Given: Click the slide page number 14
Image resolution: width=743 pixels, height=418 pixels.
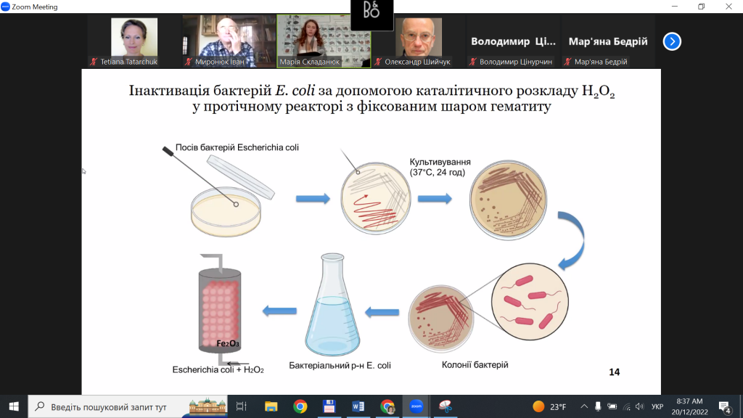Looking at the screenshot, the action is pyautogui.click(x=614, y=372).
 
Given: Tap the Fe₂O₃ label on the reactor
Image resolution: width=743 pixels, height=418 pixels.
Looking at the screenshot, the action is pyautogui.click(x=227, y=343).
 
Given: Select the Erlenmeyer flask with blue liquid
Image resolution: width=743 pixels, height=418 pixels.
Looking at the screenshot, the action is pyautogui.click(x=332, y=305).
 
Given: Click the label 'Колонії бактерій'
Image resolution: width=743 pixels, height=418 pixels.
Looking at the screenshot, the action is pyautogui.click(x=475, y=364).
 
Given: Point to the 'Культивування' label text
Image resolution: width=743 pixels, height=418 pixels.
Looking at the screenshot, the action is pyautogui.click(x=440, y=162).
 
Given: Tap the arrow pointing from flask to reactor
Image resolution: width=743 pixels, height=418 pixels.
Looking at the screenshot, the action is pyautogui.click(x=279, y=311).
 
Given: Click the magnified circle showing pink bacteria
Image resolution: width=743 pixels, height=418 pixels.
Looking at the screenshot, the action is pyautogui.click(x=530, y=302).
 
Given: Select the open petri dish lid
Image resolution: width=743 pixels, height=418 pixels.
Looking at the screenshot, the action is pyautogui.click(x=241, y=177).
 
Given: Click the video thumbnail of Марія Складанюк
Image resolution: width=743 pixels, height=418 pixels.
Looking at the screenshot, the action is pyautogui.click(x=324, y=41).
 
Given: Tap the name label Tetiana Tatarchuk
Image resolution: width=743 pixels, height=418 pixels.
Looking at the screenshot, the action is pyautogui.click(x=128, y=62).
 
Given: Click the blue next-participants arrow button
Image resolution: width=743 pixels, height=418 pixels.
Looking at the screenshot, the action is pyautogui.click(x=672, y=41).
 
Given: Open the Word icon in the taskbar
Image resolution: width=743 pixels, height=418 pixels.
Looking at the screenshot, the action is pyautogui.click(x=358, y=406).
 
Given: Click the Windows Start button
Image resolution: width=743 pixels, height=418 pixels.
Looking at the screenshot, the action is pyautogui.click(x=14, y=406).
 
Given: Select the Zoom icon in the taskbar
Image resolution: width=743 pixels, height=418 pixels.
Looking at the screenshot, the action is pyautogui.click(x=416, y=406).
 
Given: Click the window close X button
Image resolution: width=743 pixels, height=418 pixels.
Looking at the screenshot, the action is pyautogui.click(x=728, y=6).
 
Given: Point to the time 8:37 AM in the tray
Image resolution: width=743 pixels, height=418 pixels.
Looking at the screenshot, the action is pyautogui.click(x=689, y=401).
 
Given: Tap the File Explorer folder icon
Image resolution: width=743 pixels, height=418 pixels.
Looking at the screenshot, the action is pyautogui.click(x=271, y=406).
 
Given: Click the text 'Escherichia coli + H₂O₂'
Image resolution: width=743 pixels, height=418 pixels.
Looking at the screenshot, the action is pyautogui.click(x=218, y=369).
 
